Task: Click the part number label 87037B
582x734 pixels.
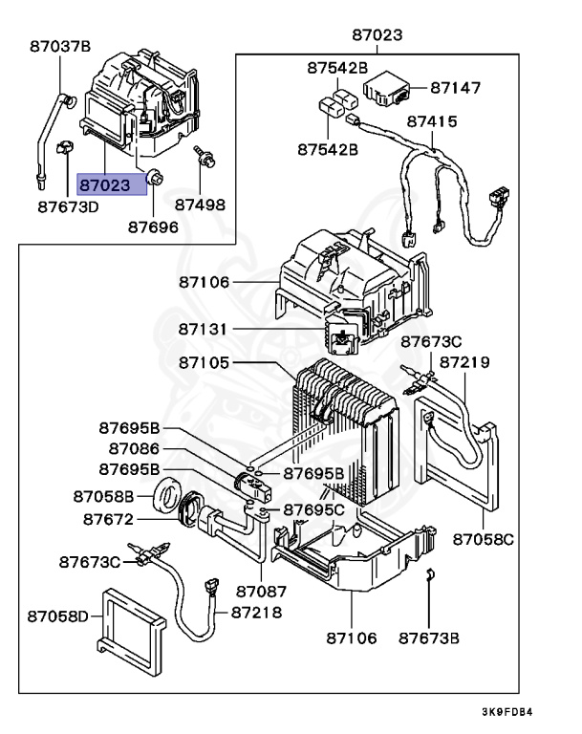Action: [59, 46]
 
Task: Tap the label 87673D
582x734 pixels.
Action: [68, 205]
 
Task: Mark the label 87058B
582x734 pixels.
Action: [105, 495]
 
